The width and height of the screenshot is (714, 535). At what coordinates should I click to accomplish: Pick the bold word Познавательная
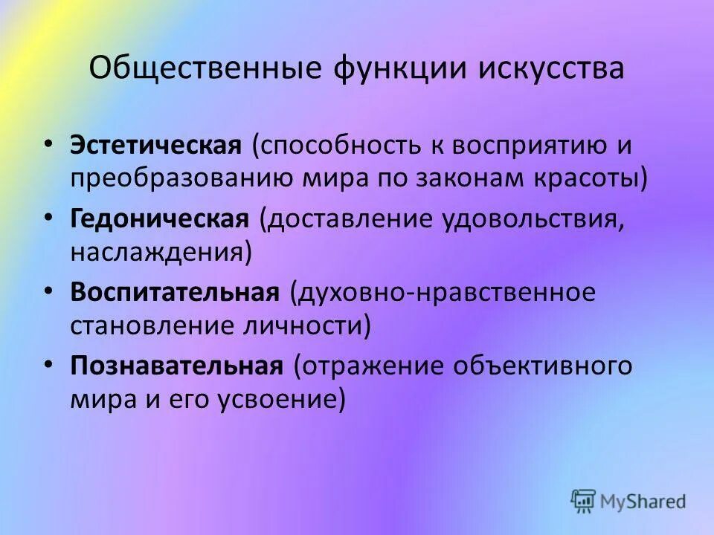pyautogui.click(x=178, y=366)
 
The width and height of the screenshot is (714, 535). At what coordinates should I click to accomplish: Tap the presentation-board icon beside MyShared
pyautogui.click(x=585, y=500)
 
